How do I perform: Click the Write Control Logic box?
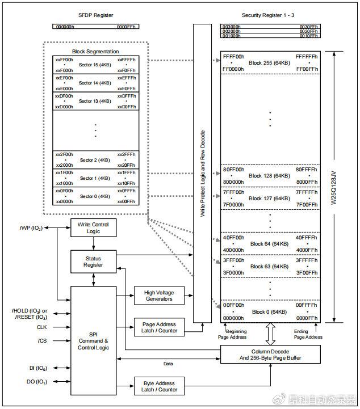(94, 227)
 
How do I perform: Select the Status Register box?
(94, 262)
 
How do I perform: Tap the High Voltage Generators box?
(159, 296)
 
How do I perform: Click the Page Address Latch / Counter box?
(159, 327)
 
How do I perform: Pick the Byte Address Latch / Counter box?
(159, 386)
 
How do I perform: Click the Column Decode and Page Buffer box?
(270, 355)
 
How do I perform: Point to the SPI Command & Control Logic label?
(93, 341)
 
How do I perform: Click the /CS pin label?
(42, 341)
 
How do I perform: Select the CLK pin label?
(42, 327)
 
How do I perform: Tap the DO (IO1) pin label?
(37, 382)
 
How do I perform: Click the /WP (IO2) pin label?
(31, 228)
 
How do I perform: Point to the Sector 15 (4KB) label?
(95, 65)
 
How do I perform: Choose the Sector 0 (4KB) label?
(95, 196)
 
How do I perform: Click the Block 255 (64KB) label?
(269, 63)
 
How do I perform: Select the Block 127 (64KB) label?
(269, 199)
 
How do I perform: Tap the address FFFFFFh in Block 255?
(307, 57)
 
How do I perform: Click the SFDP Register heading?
(96, 15)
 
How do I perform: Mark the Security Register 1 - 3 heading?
(268, 15)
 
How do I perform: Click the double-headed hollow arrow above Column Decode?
(270, 334)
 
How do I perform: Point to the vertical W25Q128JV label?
(334, 188)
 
